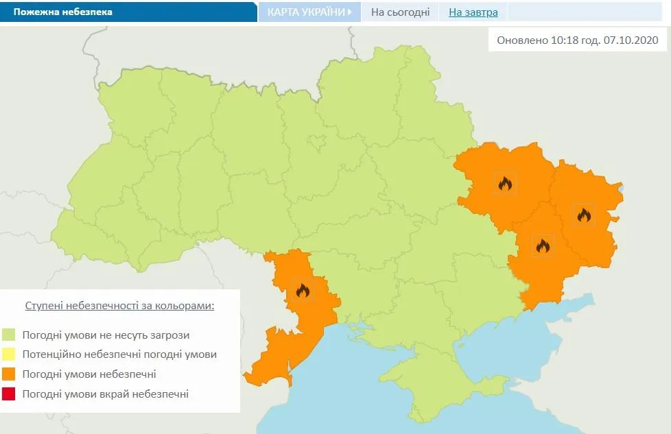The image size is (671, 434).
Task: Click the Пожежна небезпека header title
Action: tap(63, 12)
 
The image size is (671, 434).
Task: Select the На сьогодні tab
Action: tap(400, 12)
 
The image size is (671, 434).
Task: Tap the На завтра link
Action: tap(473, 12)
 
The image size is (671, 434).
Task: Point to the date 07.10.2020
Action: tap(631, 40)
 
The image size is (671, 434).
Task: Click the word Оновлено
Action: tap(522, 40)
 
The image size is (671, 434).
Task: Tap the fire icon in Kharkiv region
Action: tap(505, 183)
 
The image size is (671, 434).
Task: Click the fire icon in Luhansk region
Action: tap(584, 215)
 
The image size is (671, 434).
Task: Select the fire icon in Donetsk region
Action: tap(543, 245)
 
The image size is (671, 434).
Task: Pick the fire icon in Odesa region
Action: tap(303, 291)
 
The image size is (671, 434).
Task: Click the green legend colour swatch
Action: tap(9, 335)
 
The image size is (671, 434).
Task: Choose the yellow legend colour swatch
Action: tap(9, 354)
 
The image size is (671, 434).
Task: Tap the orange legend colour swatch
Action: tap(9, 374)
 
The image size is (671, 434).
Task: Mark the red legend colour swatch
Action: tap(9, 394)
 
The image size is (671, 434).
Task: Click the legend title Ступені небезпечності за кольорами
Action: tap(119, 305)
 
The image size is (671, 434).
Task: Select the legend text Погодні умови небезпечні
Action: tap(89, 374)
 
